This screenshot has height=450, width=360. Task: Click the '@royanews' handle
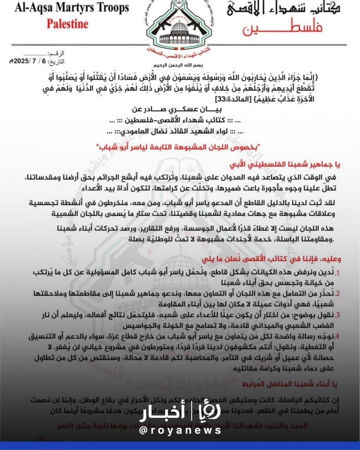point(180,431)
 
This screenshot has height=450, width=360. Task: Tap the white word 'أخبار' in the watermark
point(163,414)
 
